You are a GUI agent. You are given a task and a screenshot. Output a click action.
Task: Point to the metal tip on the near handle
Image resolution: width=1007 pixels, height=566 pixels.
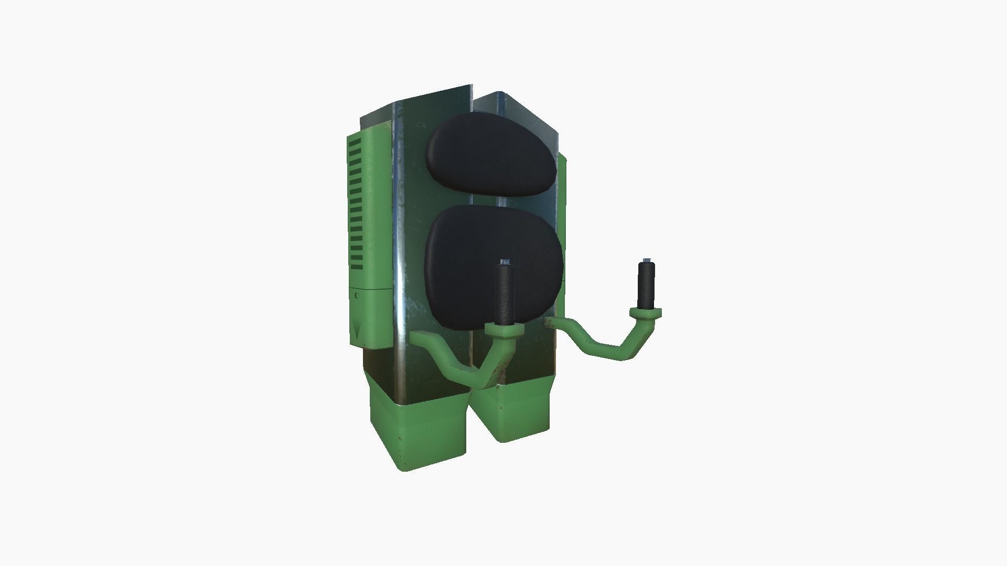pos(505,261)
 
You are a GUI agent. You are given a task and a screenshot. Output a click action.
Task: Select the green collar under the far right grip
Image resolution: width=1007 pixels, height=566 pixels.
pos(646,313)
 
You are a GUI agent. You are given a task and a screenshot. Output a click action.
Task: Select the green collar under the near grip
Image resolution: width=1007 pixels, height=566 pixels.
pos(505,330)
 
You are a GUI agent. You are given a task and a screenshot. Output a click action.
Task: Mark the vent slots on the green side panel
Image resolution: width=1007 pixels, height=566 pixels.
pos(356,204)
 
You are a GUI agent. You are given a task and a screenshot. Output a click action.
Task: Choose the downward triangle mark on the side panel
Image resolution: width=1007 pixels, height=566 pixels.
pos(357,331)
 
